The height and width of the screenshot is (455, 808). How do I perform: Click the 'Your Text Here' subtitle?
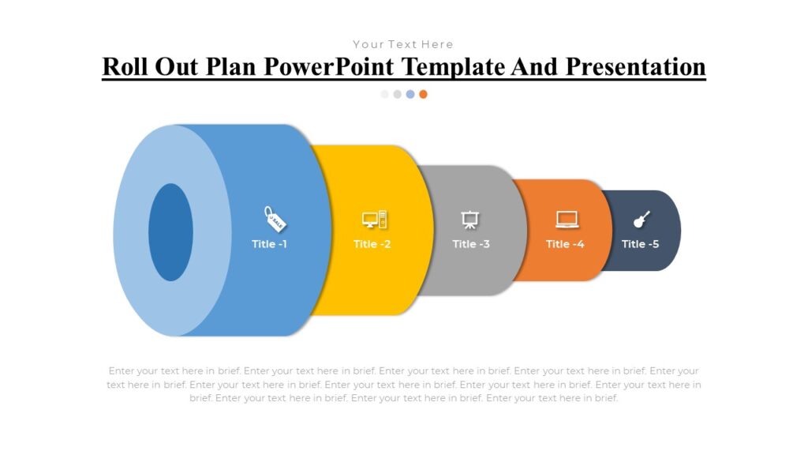(403, 44)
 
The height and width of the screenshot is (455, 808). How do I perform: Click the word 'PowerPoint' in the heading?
(331, 66)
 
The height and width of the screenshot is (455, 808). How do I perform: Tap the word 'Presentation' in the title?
(634, 66)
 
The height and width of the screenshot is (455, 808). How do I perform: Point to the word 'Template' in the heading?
(454, 66)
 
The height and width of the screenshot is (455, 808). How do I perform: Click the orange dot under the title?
(423, 94)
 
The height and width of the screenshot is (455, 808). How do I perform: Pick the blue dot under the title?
(410, 94)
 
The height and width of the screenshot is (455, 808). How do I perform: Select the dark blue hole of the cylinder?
(170, 232)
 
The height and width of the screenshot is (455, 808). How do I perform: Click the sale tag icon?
(275, 218)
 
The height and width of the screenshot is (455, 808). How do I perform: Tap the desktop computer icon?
(374, 220)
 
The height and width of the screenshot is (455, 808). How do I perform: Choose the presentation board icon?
(470, 220)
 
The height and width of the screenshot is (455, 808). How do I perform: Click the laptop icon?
(567, 220)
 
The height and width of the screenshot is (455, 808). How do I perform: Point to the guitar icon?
(641, 220)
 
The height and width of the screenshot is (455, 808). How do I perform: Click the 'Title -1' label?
(269, 244)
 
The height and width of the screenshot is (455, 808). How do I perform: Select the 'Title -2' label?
(372, 244)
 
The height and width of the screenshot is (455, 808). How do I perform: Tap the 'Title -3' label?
(471, 244)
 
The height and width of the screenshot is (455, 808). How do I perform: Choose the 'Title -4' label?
(565, 244)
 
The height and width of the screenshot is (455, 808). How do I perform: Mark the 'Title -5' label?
(640, 244)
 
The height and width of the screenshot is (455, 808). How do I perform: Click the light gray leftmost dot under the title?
(385, 94)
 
